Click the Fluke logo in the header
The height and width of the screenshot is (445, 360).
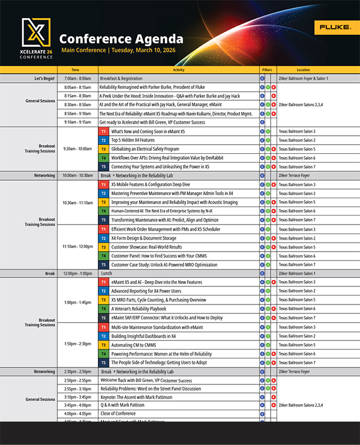[331, 28]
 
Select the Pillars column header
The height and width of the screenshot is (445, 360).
[267, 70]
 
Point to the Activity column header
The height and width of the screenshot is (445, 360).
[178, 70]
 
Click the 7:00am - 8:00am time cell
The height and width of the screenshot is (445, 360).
[77, 79]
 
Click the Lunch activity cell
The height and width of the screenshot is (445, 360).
[106, 273]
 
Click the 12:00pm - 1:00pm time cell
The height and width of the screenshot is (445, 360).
[77, 273]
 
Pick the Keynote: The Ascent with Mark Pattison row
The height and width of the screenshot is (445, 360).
[140, 397]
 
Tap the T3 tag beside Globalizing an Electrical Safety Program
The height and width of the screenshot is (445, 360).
[103, 149]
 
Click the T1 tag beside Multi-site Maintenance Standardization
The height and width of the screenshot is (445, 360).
[103, 327]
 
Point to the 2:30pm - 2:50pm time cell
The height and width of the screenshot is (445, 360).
[77, 372]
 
